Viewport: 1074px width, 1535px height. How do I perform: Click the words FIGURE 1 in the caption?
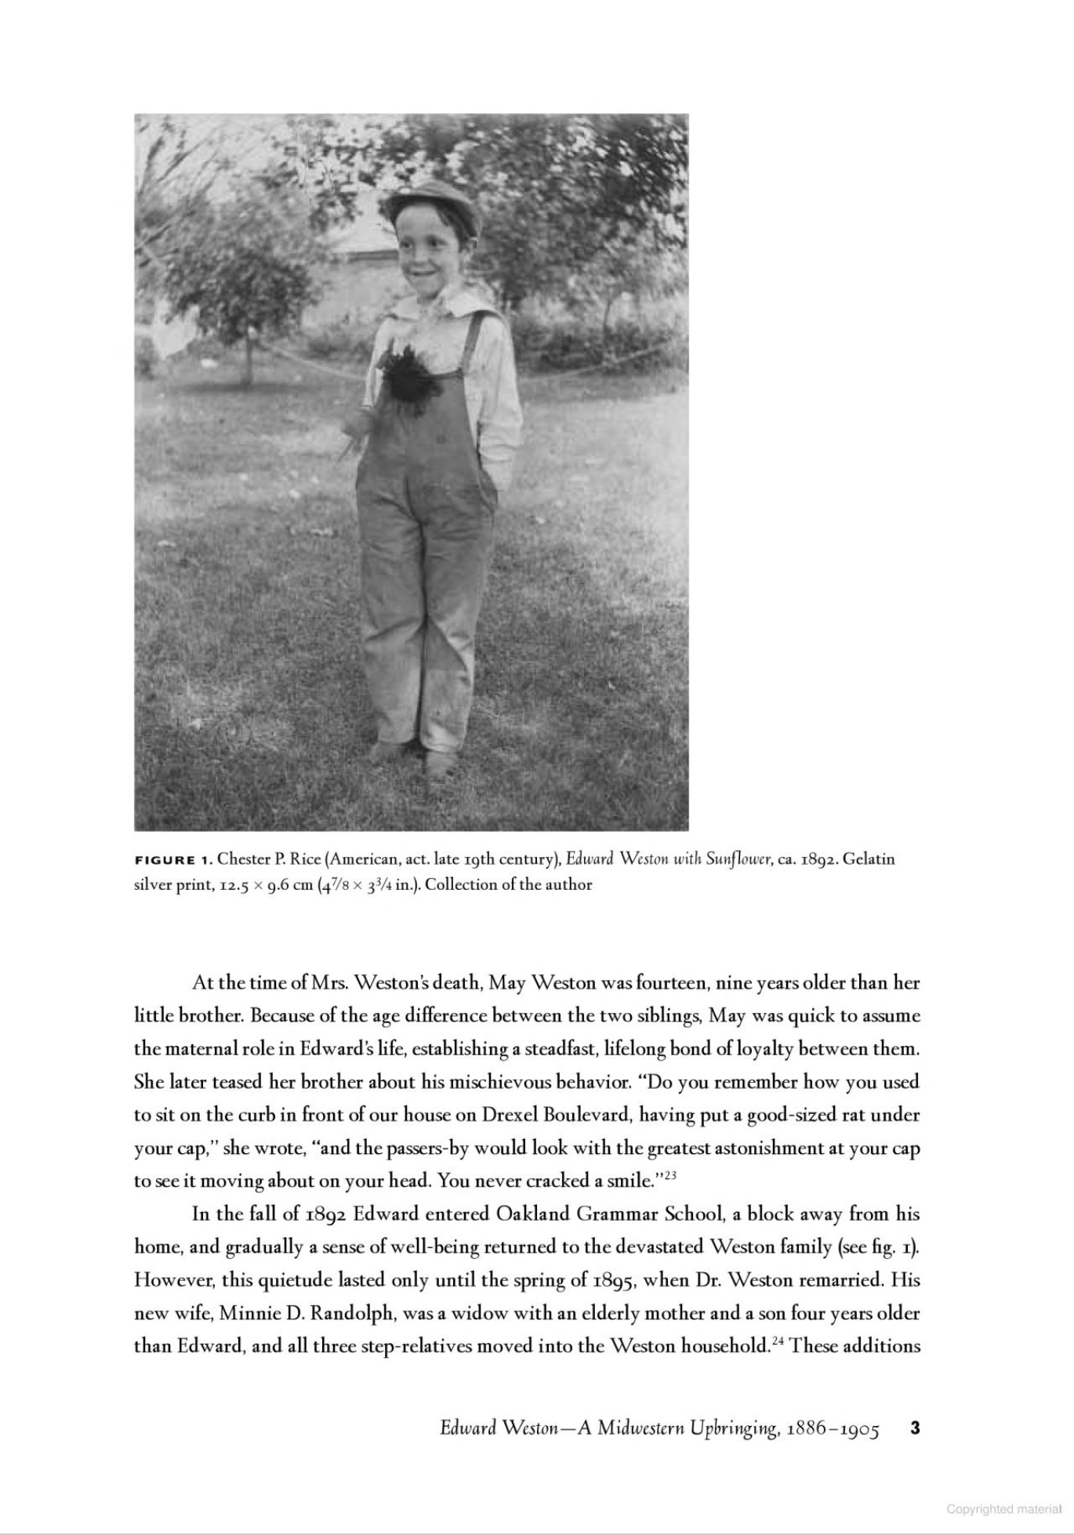(x=173, y=859)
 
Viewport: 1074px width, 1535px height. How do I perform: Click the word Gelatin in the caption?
(x=868, y=858)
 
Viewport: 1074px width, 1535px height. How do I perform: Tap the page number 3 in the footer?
(x=914, y=1428)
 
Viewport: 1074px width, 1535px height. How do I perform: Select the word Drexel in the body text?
(x=510, y=1115)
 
